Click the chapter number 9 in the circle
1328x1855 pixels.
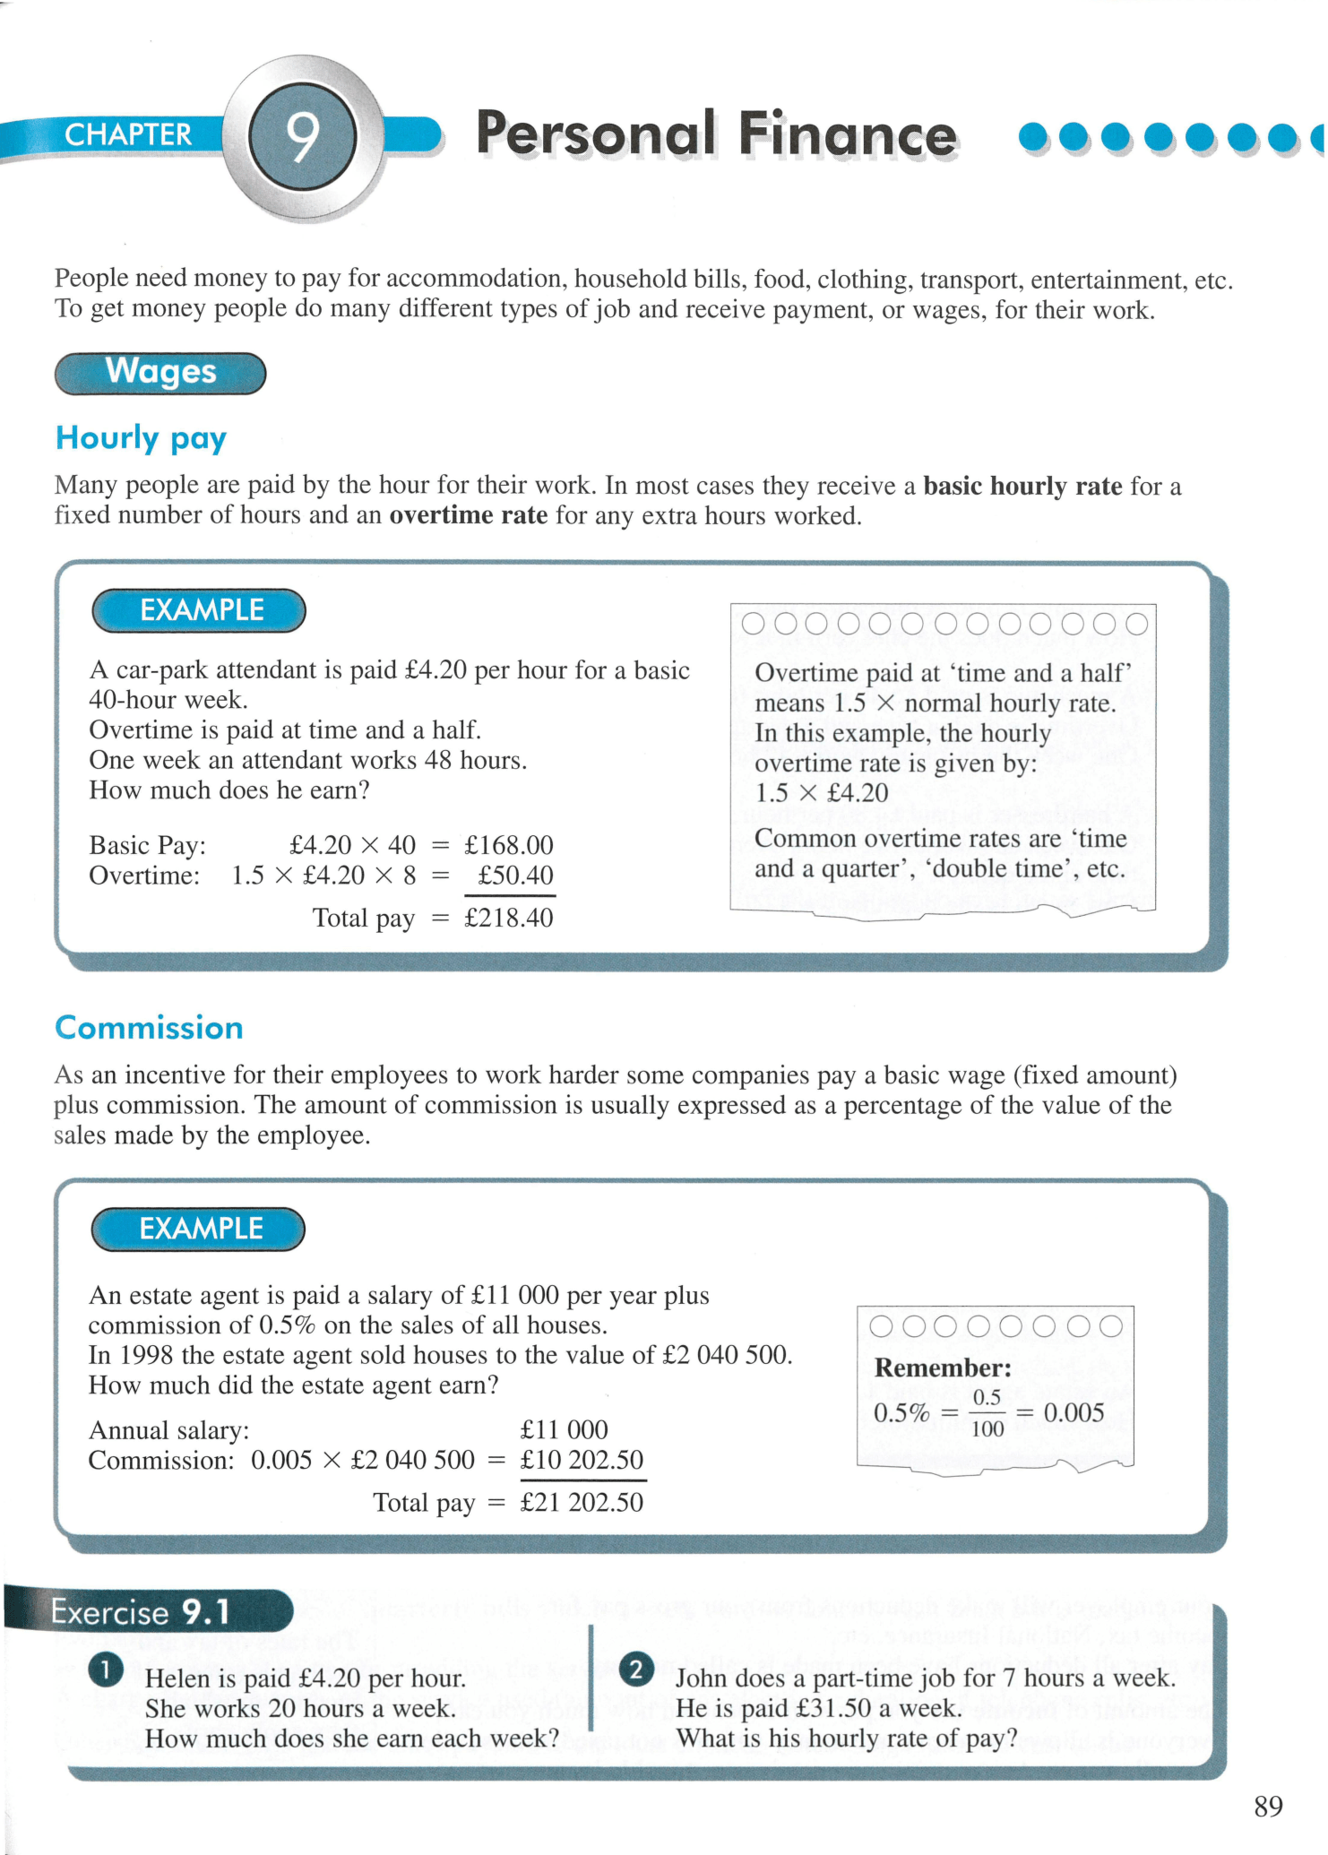point(303,136)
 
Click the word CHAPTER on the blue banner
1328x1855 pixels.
point(128,134)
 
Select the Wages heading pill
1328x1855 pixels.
point(160,372)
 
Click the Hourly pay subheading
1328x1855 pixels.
point(141,438)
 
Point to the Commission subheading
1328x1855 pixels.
point(149,1028)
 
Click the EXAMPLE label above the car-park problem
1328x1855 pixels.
point(200,610)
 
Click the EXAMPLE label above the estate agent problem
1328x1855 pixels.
point(199,1229)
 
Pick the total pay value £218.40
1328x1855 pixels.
point(508,918)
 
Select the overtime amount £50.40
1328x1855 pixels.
point(514,876)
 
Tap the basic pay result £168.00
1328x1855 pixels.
point(508,845)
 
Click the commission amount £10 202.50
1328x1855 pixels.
point(582,1460)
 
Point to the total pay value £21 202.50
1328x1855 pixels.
point(582,1502)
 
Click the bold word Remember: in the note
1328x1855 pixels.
point(943,1368)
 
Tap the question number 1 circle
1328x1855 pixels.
point(106,1669)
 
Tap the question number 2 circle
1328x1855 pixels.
point(636,1669)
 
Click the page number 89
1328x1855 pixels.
point(1268,1807)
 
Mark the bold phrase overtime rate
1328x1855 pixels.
point(468,515)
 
